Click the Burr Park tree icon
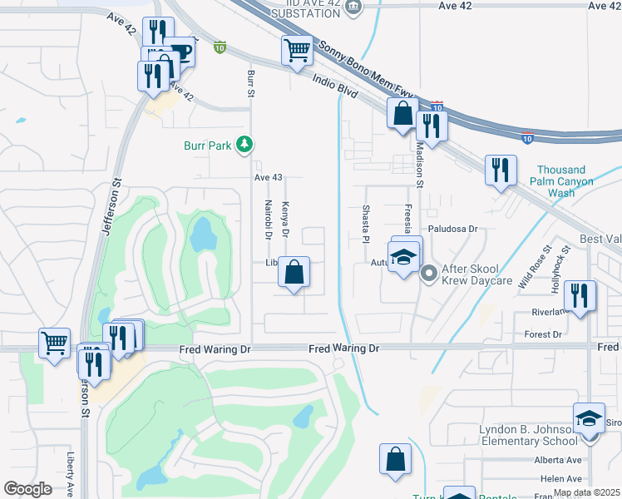(x=244, y=146)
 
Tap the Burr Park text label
(x=207, y=146)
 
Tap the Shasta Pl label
(x=364, y=220)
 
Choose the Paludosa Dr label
(x=452, y=228)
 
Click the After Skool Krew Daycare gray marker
(x=429, y=272)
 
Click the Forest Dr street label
(x=545, y=334)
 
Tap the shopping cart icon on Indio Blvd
(x=297, y=51)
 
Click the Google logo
(x=28, y=489)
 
